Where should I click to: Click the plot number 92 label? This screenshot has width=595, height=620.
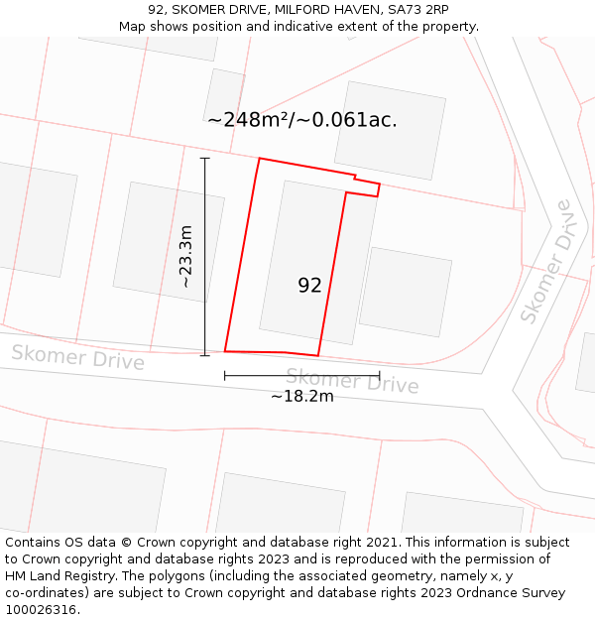point(309,286)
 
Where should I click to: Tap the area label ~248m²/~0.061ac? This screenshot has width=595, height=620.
point(302,120)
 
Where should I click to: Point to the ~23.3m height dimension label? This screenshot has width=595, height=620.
point(185,256)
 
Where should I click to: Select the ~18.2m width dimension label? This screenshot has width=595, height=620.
point(302,396)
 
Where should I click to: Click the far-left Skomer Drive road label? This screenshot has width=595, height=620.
point(77,357)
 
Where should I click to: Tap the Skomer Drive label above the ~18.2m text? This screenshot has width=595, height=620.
point(352,381)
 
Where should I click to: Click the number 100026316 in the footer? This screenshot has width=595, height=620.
point(40,609)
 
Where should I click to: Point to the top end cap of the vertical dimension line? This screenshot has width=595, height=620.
point(205,158)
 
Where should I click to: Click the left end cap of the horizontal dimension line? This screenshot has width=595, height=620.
point(225,376)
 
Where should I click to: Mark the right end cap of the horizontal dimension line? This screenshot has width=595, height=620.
point(380,376)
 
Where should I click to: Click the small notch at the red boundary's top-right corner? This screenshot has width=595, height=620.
point(367,186)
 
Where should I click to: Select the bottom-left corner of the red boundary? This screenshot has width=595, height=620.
point(225,351)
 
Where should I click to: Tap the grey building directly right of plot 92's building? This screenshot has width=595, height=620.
point(405,292)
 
